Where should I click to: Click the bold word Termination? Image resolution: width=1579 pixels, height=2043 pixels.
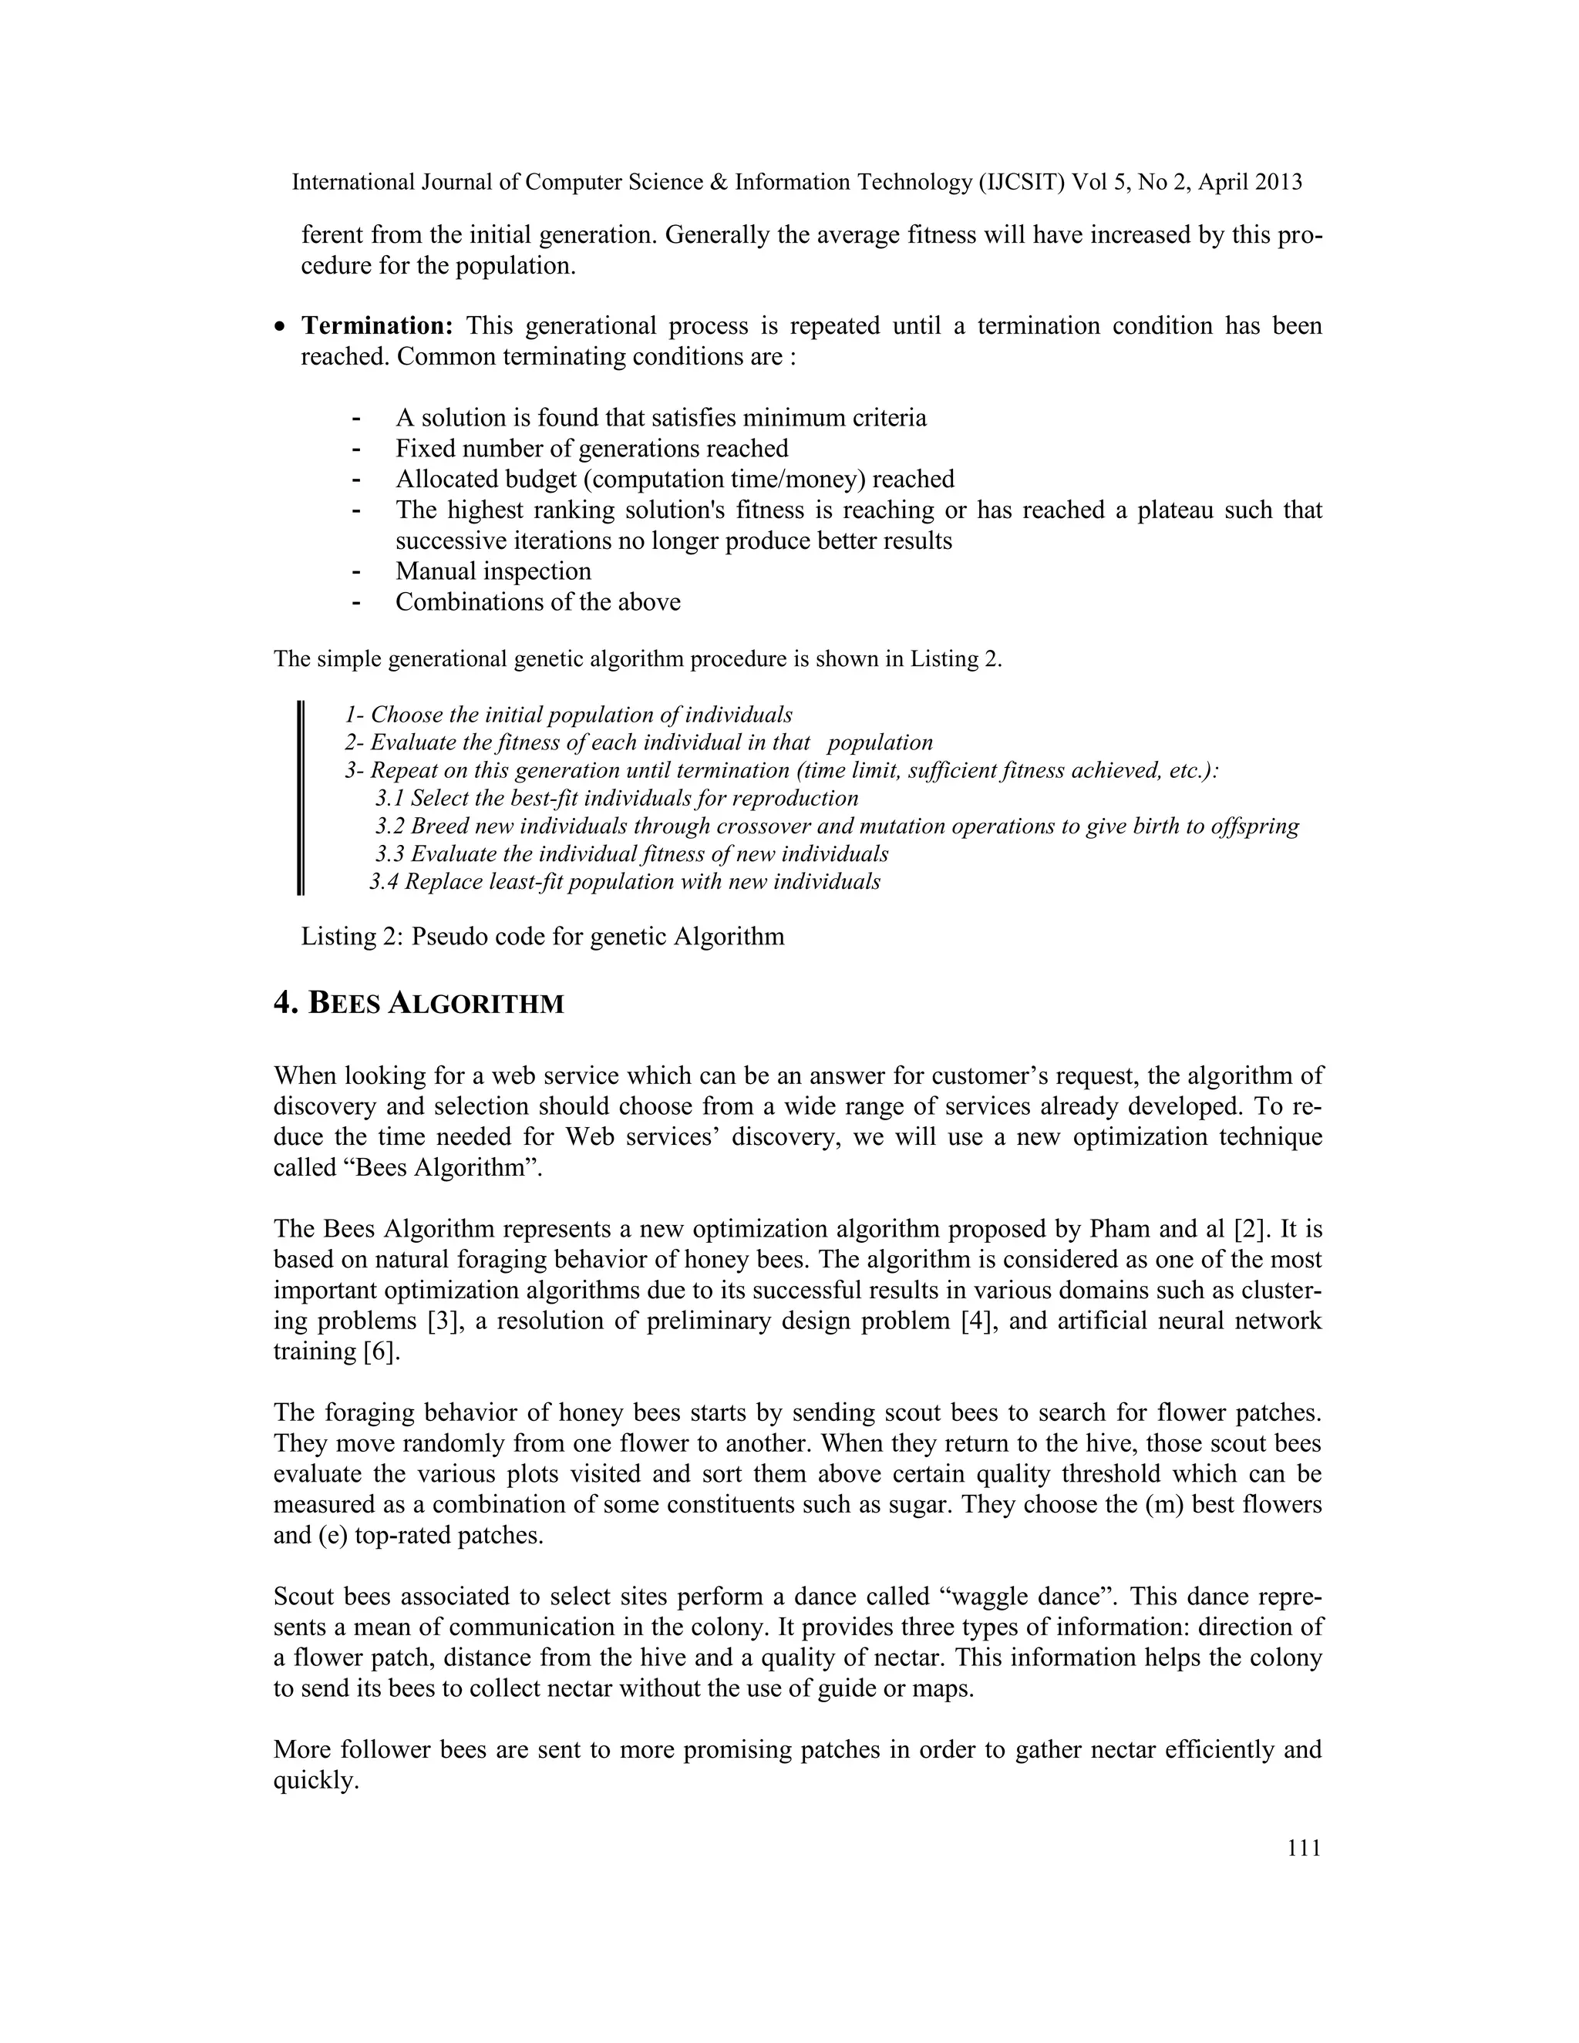376,326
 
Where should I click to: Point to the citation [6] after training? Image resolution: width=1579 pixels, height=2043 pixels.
382,1351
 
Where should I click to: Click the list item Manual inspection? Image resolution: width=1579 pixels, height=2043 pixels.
493,571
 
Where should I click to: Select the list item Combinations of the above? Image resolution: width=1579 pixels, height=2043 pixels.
538,602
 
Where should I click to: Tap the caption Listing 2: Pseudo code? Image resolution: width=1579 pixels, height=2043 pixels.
543,937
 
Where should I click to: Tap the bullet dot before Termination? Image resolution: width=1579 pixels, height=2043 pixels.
281,328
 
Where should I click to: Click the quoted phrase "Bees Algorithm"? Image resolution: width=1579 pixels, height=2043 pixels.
407,1168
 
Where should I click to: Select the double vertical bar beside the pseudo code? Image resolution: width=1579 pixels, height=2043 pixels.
300,799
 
